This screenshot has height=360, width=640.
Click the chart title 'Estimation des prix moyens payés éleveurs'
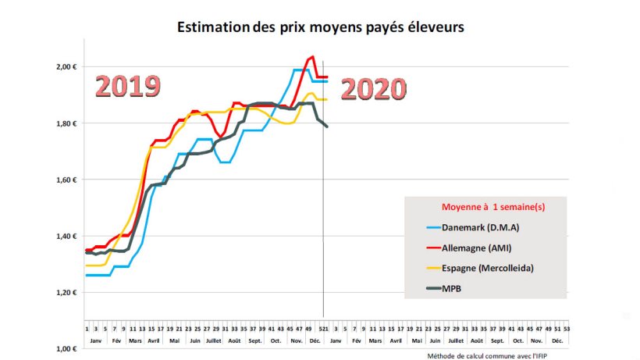coord(320,28)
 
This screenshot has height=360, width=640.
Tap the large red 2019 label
coord(128,86)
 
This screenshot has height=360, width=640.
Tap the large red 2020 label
coord(374,89)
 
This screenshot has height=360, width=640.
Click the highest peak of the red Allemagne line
coord(312,57)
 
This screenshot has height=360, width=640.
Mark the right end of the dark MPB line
coord(327,126)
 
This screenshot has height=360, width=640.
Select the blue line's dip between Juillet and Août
coord(226,162)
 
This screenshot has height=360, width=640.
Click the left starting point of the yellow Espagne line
coord(86,266)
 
